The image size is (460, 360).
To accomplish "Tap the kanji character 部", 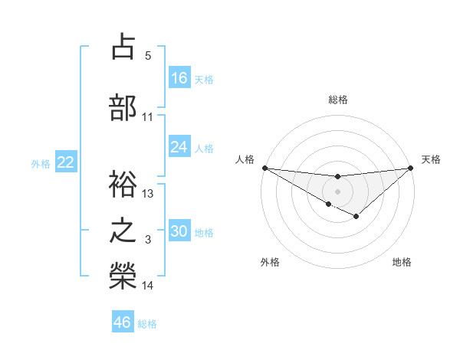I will click(123, 107).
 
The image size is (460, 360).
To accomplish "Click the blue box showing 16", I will click(179, 77).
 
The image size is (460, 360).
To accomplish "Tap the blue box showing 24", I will click(179, 147).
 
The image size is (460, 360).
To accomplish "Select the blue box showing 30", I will click(179, 231).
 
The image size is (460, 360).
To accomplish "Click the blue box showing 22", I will click(65, 162).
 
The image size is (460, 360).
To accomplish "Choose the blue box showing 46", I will click(123, 322).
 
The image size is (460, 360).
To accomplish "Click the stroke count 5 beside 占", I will click(148, 56).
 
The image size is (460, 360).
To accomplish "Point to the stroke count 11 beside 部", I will click(148, 117).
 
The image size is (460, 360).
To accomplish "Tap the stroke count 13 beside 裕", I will click(148, 194).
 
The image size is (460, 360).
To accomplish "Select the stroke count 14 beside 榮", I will click(148, 286).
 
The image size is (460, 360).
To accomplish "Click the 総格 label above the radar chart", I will click(338, 100).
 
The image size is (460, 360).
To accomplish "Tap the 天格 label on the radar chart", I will click(431, 159).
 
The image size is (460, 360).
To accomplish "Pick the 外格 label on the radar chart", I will click(270, 262).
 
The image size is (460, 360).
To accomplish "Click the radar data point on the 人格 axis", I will click(264, 167).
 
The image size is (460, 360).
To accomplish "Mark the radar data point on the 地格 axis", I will click(356, 217).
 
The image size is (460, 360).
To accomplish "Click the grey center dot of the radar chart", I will click(337, 191).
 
